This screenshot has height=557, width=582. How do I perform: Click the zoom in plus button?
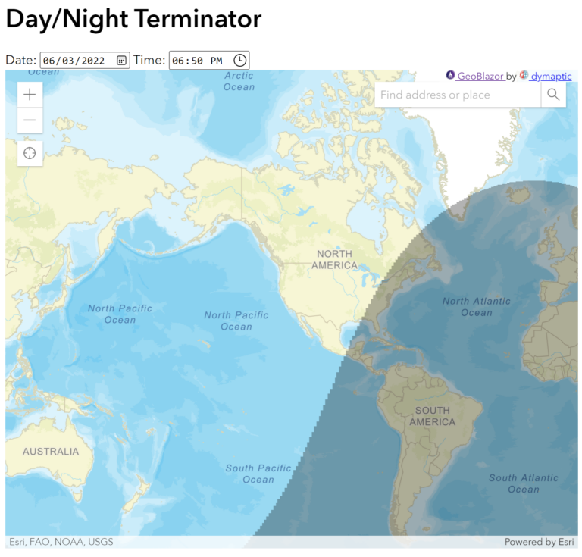[x=30, y=95]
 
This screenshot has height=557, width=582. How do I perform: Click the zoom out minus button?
[x=30, y=120]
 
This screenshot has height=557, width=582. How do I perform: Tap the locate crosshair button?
[x=30, y=153]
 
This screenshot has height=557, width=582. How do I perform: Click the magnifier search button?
[x=553, y=95]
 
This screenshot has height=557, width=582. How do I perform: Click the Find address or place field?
[x=457, y=95]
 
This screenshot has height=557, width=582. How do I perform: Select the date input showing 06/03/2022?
[x=76, y=61]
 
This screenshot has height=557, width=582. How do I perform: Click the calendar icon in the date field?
[x=121, y=61]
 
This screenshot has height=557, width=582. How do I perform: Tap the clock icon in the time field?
[x=239, y=61]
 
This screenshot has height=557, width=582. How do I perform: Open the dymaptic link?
[x=550, y=76]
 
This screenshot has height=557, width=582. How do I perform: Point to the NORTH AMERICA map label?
[x=335, y=259]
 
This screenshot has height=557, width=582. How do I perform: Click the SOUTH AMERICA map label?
[x=433, y=416]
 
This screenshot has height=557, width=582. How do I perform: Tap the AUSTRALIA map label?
[x=51, y=452]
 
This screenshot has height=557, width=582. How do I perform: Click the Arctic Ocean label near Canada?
[x=239, y=81]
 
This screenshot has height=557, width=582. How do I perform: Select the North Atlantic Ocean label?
[x=477, y=306]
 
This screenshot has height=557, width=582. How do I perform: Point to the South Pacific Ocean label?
[x=258, y=474]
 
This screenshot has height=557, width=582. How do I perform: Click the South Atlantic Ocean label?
[x=523, y=483]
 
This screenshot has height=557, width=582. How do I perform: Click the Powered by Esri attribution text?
[x=540, y=542]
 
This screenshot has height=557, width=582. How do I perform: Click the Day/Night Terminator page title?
[x=133, y=19]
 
